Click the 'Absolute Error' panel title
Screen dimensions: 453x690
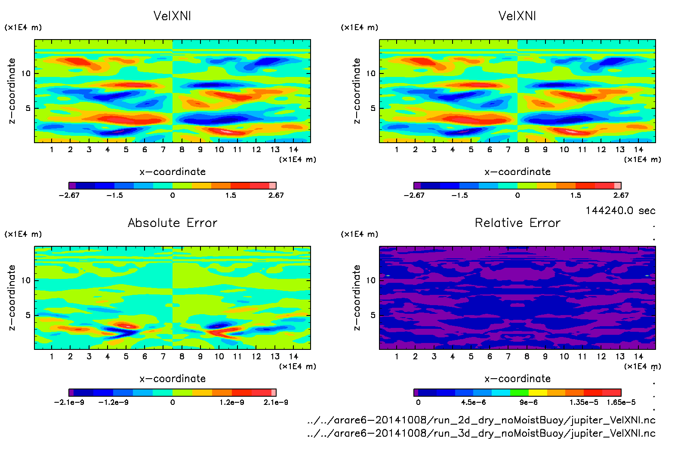tap(172, 223)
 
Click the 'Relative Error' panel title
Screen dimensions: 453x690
tap(517, 223)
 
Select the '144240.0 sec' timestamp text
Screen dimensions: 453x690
tap(620, 211)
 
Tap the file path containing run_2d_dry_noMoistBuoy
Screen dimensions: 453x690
tap(481, 420)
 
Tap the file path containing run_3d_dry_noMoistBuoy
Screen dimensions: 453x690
tap(481, 433)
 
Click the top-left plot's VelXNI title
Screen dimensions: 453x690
tap(172, 16)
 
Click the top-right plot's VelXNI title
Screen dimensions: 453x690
tap(517, 16)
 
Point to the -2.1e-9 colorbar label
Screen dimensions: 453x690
tap(69, 402)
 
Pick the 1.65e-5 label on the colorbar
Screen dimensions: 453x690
tap(621, 402)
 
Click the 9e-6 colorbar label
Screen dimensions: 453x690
tap(528, 402)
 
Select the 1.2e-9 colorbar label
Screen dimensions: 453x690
tap(232, 402)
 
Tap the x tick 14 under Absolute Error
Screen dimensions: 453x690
tap(293, 356)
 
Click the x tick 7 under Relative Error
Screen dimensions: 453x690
tap(508, 356)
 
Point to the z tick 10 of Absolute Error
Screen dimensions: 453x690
tap(26, 280)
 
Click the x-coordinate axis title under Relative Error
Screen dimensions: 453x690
tap(517, 379)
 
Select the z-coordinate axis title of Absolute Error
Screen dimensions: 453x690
tap(12, 297)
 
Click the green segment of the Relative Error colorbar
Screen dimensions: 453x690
tap(519, 392)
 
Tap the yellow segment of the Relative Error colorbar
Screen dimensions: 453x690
tap(538, 392)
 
